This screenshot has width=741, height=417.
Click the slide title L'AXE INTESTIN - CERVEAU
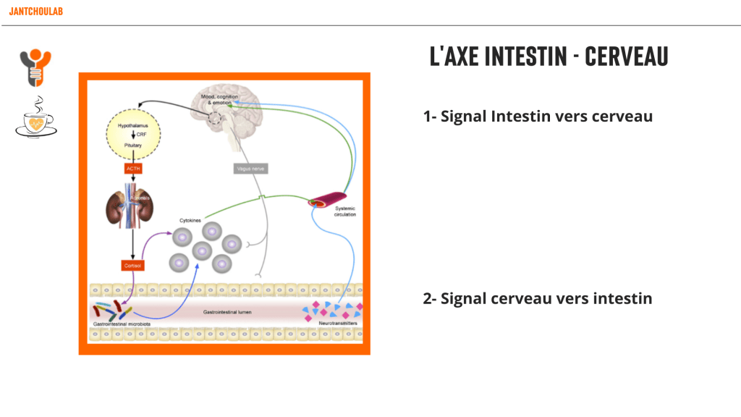[x=549, y=56]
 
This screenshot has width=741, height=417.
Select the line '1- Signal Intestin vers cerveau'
[x=538, y=116]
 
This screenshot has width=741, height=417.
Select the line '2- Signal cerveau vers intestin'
[x=538, y=298]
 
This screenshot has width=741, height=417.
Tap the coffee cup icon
[x=36, y=117]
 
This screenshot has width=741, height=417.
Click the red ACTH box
[x=133, y=169]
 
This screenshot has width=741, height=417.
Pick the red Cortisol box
[x=133, y=266]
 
